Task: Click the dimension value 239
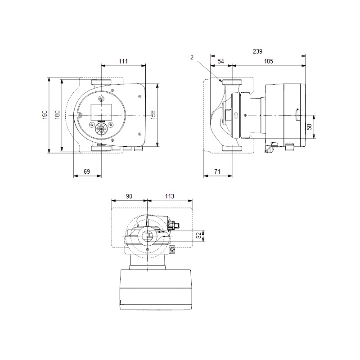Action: [x=257, y=51]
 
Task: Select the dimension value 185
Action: [x=268, y=61]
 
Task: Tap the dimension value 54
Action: [x=220, y=61]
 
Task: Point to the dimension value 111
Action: [x=123, y=61]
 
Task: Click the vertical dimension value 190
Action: [x=45, y=115]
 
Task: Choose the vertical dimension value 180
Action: [x=58, y=115]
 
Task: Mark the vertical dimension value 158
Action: [x=153, y=115]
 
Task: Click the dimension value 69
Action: [x=87, y=171]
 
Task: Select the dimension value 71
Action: [x=217, y=171]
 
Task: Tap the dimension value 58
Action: [x=310, y=127]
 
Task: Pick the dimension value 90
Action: [x=129, y=196]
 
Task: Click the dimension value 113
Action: [x=170, y=196]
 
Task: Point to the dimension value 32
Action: [x=199, y=235]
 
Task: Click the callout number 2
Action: [x=192, y=58]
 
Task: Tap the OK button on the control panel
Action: [x=101, y=129]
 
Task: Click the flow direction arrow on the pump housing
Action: [x=236, y=115]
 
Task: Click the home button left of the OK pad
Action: [x=92, y=125]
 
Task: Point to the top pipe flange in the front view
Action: [x=101, y=82]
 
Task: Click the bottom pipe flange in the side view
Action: [x=232, y=148]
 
